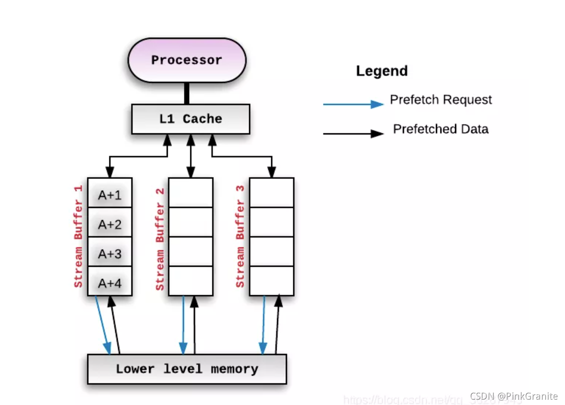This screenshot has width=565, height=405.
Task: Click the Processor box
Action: click(186, 60)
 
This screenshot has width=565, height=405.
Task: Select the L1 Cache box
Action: click(190, 119)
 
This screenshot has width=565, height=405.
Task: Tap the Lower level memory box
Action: click(186, 369)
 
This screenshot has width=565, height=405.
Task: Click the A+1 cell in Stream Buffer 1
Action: click(109, 195)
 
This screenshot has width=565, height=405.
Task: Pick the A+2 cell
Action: click(109, 225)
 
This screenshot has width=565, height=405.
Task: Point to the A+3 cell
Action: click(109, 254)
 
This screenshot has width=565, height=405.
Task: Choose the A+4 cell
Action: click(109, 283)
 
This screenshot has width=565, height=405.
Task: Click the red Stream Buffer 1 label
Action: click(78, 236)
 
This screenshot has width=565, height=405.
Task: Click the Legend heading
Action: click(382, 71)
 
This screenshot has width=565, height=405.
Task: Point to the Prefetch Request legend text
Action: click(440, 100)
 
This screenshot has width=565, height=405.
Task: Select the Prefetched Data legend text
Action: click(440, 129)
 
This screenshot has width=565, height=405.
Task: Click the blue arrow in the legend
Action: click(353, 104)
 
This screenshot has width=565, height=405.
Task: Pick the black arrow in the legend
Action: click(353, 133)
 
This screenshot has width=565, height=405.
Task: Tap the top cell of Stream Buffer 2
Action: click(190, 193)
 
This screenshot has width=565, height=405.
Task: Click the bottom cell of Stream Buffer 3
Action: click(271, 281)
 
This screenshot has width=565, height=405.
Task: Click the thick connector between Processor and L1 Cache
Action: click(186, 93)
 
